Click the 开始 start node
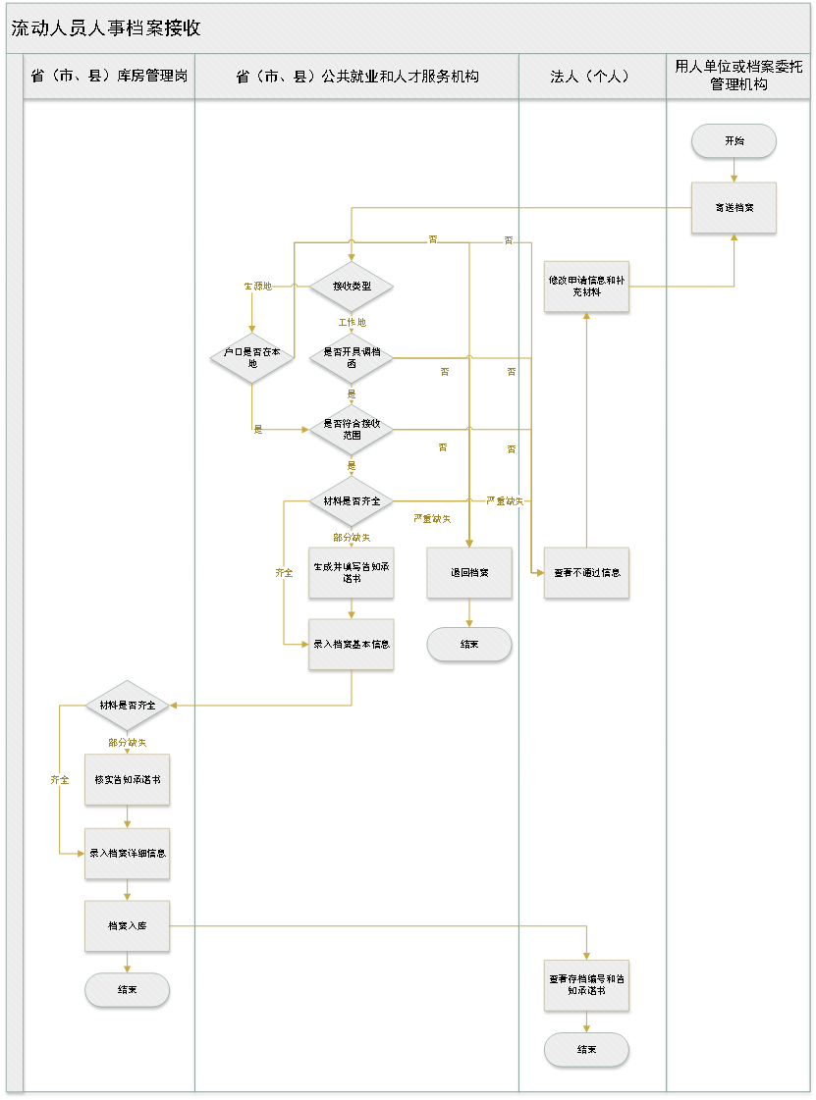pyautogui.click(x=734, y=141)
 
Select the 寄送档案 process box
pyautogui.click(x=734, y=208)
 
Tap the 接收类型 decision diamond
pyautogui.click(x=351, y=287)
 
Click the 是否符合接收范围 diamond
pyautogui.click(x=351, y=429)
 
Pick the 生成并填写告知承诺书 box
pyautogui.click(x=351, y=573)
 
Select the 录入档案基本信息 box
pyautogui.click(x=351, y=645)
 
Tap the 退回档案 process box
pyautogui.click(x=469, y=573)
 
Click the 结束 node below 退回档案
pyautogui.click(x=469, y=645)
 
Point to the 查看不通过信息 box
pyautogui.click(x=587, y=573)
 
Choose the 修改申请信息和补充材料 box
pyautogui.click(x=587, y=287)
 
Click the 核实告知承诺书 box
pyautogui.click(x=128, y=780)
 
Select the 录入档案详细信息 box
pyautogui.click(x=128, y=853)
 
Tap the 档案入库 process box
pyautogui.click(x=128, y=925)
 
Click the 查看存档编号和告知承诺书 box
pyautogui.click(x=587, y=985)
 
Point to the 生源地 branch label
pyautogui.click(x=257, y=287)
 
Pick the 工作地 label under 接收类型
pyautogui.click(x=351, y=322)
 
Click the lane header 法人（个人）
pyautogui.click(x=592, y=77)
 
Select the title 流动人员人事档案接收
pyautogui.click(x=106, y=28)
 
